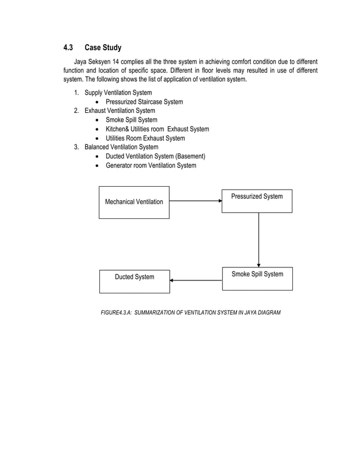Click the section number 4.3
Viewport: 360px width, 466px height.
coord(68,47)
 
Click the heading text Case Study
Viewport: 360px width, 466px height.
coord(103,47)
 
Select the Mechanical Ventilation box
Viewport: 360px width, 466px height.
coord(134,202)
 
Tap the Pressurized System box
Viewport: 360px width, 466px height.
coord(257,200)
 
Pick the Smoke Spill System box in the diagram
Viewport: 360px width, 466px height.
coord(257,278)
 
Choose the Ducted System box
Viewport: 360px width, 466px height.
coord(134,281)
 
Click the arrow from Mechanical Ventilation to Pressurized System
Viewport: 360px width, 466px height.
coord(195,200)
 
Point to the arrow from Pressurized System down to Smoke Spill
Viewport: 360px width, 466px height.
coord(258,240)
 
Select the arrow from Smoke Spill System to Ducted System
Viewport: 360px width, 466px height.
coord(196,280)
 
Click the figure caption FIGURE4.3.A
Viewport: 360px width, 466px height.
coord(190,312)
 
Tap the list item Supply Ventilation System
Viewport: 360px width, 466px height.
coord(118,93)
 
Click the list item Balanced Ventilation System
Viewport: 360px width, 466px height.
coord(121,147)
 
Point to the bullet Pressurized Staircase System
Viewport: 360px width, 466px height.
coord(144,102)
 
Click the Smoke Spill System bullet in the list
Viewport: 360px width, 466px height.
coord(131,120)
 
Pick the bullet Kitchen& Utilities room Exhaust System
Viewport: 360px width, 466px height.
coord(157,129)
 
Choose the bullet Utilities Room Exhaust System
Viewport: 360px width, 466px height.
coord(145,138)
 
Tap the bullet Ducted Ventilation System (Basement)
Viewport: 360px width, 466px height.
coord(155,156)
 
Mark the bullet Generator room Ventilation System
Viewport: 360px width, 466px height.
coord(151,165)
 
